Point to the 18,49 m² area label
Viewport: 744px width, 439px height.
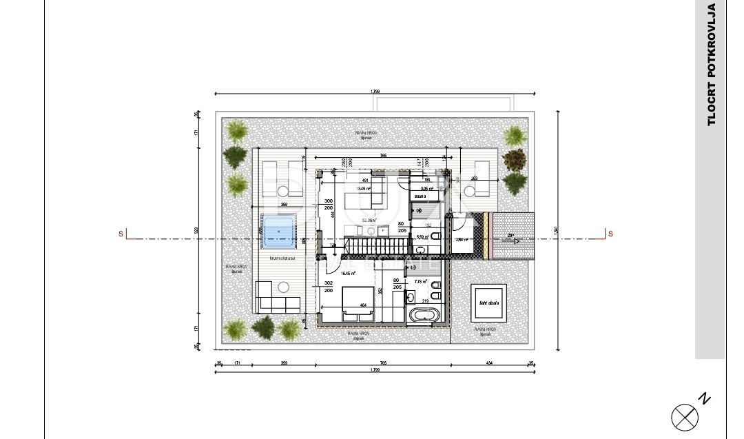coord(363,188)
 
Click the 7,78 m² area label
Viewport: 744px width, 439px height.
coord(420,282)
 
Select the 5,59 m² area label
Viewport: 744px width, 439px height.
coord(423,236)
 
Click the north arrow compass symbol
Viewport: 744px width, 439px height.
coord(685,416)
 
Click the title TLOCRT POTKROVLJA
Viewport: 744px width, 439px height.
coord(712,65)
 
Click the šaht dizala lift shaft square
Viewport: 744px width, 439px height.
coord(490,303)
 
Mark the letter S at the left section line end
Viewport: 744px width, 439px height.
coord(121,234)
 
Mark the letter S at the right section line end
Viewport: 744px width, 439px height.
coord(610,234)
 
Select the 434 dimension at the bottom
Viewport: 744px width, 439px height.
coord(489,363)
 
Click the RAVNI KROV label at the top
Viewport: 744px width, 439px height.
coord(366,132)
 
